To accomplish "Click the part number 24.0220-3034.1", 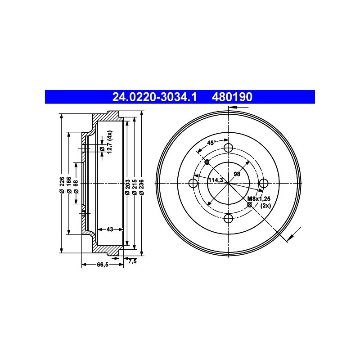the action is [x=154, y=97].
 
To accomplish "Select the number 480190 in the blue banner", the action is [x=232, y=97].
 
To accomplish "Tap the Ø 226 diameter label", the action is [x=62, y=185].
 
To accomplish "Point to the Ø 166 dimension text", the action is [x=69, y=185].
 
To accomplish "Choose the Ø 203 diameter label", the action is [x=128, y=187].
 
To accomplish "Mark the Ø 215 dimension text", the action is [x=135, y=187].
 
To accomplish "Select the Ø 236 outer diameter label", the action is [x=142, y=187].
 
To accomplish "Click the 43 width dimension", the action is [x=110, y=229].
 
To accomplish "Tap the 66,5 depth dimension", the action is [x=103, y=265].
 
